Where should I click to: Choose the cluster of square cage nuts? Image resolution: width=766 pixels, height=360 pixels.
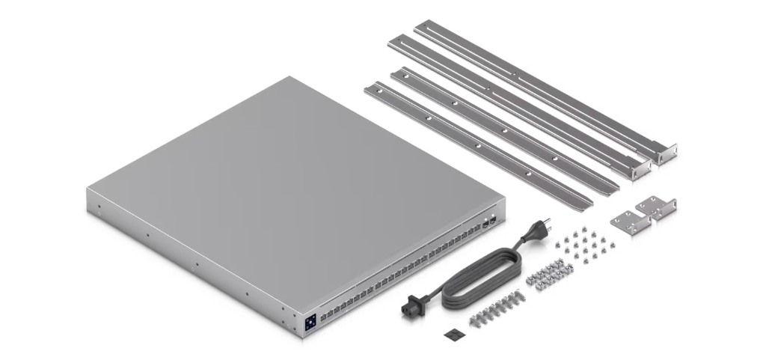(x=549, y=275)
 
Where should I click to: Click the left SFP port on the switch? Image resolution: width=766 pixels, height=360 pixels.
(x=485, y=222)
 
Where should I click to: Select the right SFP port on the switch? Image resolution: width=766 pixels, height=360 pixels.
(x=494, y=216)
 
